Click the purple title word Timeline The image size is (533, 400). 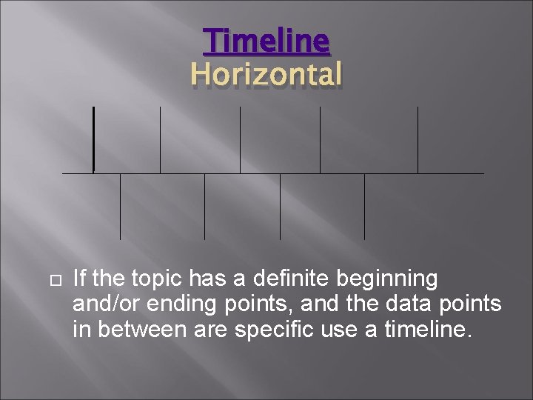(266, 41)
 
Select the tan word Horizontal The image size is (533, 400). (266, 74)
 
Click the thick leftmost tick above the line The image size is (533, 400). (94, 139)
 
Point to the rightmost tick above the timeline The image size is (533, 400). (418, 139)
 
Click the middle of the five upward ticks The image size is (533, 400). (240, 139)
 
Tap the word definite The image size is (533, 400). (284, 279)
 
